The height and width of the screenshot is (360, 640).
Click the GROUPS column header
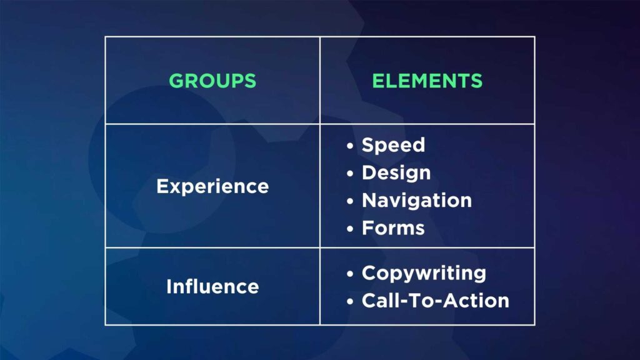(212, 81)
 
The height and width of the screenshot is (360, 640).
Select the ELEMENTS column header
(427, 81)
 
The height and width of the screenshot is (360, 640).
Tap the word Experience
(212, 187)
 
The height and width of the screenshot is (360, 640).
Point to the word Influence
(212, 286)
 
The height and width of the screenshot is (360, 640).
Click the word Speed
(394, 146)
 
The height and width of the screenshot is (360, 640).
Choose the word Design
(396, 173)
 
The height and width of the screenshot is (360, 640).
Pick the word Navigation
(417, 201)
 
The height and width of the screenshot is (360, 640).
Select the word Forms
(394, 228)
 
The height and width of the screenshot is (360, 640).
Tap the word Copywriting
(424, 274)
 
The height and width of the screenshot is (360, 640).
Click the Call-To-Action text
(436, 301)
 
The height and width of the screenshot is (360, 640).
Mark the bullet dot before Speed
(350, 146)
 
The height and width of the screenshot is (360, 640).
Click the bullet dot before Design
(350, 174)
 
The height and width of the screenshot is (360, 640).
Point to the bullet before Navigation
(350, 201)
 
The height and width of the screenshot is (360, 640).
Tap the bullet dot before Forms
(350, 229)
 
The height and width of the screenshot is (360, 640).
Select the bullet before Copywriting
(350, 274)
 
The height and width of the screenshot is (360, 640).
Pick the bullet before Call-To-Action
(350, 302)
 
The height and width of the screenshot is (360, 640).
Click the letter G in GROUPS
(177, 81)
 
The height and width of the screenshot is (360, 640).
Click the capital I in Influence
(169, 286)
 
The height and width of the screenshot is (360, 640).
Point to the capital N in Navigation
(370, 201)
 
